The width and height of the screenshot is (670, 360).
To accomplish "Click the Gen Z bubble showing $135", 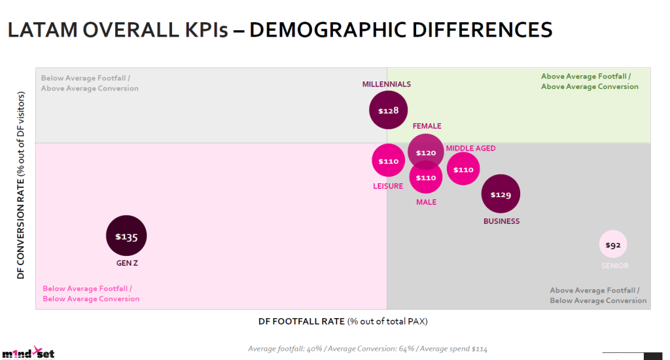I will [x=126, y=236].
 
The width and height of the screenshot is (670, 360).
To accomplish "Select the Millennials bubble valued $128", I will [x=389, y=110].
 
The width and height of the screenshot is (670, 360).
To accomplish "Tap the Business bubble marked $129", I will [x=501, y=194].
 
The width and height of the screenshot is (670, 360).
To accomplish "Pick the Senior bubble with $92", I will [x=613, y=245].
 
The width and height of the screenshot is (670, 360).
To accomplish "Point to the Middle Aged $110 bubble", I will [x=463, y=169].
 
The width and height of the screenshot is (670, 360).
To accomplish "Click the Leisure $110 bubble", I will [x=388, y=160].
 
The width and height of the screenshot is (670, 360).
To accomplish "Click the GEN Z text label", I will [x=126, y=263].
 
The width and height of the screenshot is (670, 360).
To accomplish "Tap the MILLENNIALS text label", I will [x=387, y=84].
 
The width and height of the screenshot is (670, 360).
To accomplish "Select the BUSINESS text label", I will [x=501, y=221].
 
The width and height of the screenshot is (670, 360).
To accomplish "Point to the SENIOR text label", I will [x=615, y=266].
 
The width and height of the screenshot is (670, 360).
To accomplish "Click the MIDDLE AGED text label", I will [x=471, y=149].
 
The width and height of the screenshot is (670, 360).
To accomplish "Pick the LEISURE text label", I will [x=387, y=186].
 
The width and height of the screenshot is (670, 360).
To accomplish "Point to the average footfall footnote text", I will [x=367, y=348].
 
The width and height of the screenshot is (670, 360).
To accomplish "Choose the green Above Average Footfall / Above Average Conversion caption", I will [x=589, y=81].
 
